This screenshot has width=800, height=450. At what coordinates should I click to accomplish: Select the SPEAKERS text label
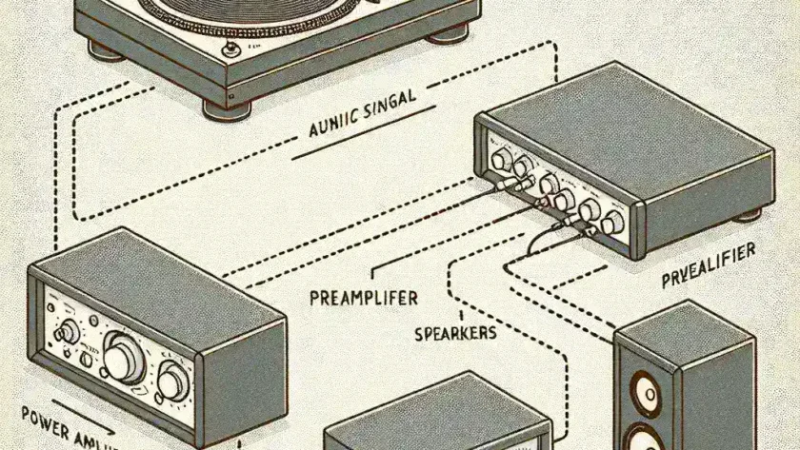[455, 334]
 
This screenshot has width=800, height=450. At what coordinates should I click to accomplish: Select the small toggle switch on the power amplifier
[68, 332]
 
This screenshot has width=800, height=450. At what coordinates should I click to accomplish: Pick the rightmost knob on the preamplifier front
[612, 222]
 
